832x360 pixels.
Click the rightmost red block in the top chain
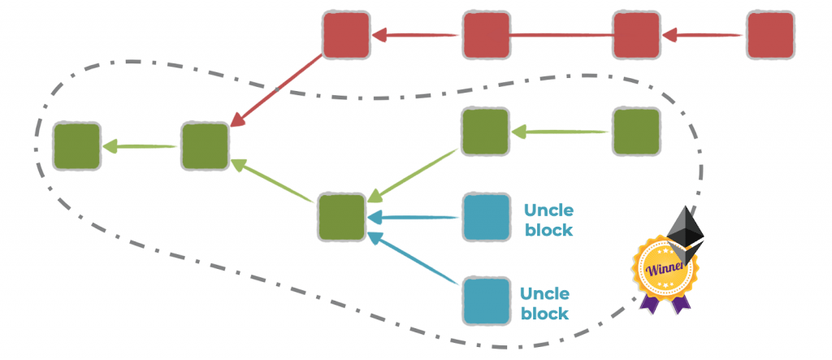coord(769,35)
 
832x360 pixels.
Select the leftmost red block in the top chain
coord(346,35)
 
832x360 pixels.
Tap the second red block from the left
coord(486,35)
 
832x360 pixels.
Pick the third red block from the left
coord(635,35)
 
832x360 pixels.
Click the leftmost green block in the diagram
coord(77,146)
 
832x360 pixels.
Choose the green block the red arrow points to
coord(205,146)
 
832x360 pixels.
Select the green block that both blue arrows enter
coord(341,217)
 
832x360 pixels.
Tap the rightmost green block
coord(635,132)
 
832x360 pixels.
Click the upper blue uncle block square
coord(486,217)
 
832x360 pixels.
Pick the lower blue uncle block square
coord(486,301)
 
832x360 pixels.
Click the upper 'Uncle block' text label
coord(548,219)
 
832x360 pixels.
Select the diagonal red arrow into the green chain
coord(276,90)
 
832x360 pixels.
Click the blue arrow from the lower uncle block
coord(414,259)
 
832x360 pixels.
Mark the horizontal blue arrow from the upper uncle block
coord(414,217)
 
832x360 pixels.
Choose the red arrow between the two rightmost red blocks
coord(703,35)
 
